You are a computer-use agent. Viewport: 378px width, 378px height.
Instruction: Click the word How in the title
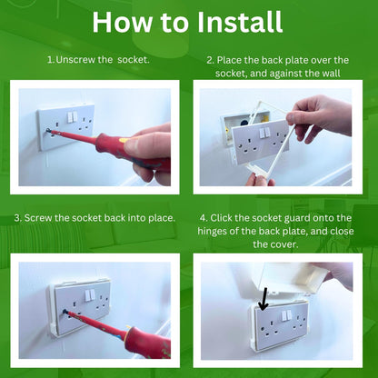(x=119, y=21)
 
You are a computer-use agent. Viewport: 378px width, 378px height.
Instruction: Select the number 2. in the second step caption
(x=210, y=60)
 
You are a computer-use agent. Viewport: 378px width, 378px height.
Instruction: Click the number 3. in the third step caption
(x=19, y=218)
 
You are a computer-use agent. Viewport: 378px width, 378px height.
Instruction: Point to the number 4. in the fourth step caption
(x=203, y=218)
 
